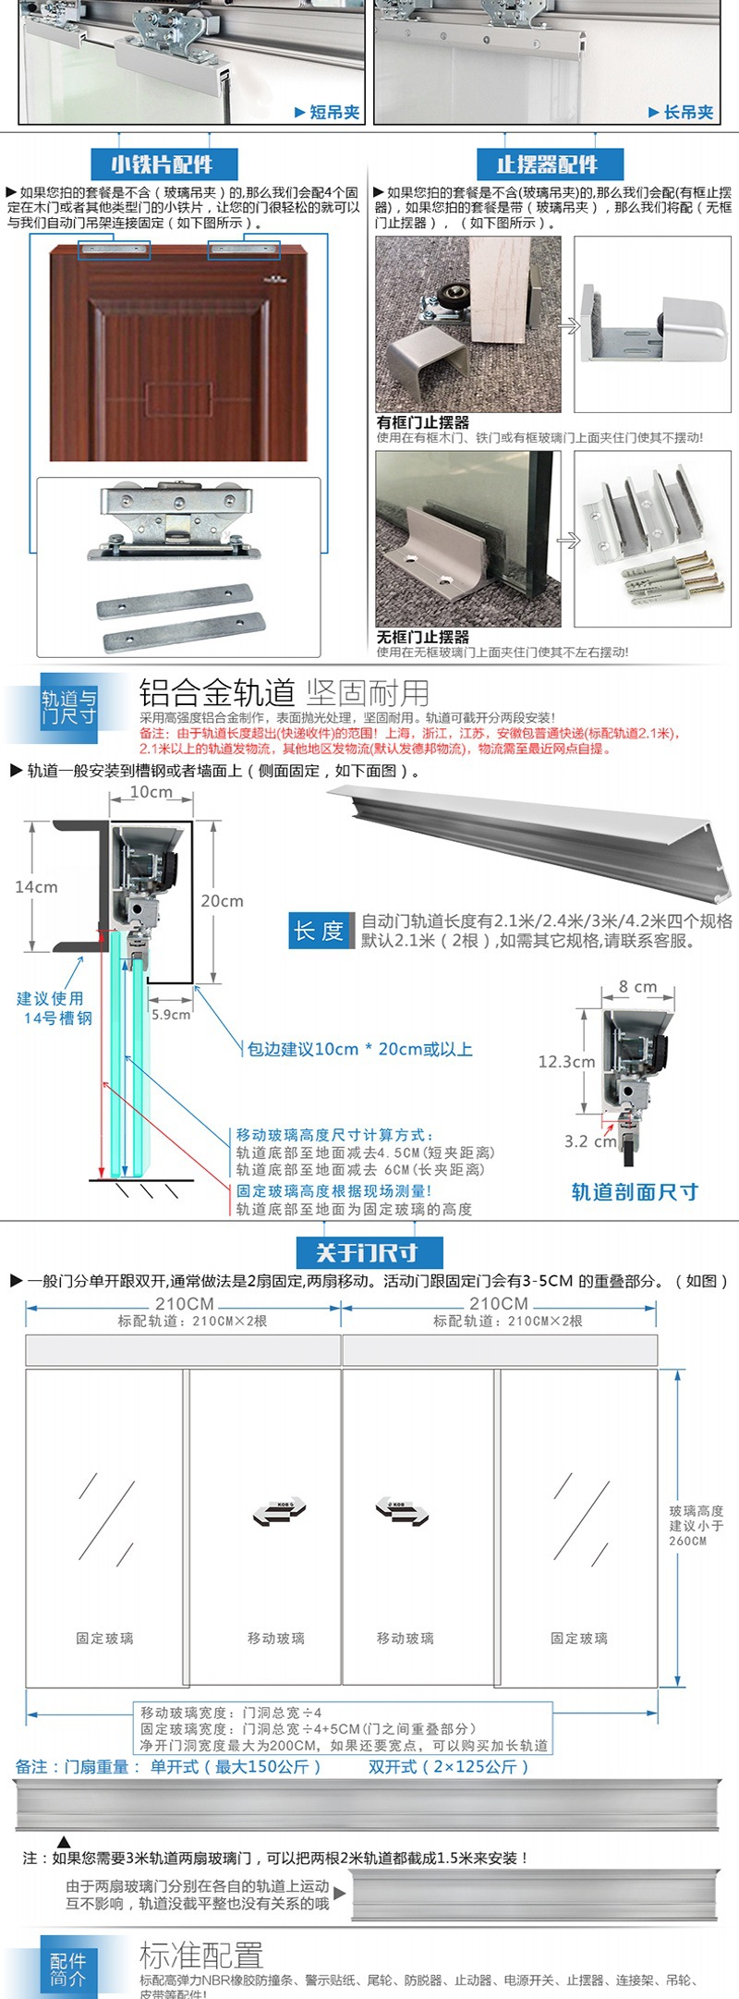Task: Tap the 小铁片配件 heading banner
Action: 163,165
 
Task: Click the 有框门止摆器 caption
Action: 422,421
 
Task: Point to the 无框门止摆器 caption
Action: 422,637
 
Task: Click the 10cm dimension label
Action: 151,792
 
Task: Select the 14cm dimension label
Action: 36,886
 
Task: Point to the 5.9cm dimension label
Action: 171,1015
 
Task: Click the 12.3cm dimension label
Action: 565,1062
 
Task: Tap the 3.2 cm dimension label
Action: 589,1141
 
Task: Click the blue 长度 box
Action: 319,931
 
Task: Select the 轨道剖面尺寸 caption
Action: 635,1192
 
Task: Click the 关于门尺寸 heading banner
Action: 368,1252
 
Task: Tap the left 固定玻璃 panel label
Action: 104,1639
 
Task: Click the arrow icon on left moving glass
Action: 279,1512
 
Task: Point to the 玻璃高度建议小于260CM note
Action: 696,1525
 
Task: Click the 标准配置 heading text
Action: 201,1955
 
